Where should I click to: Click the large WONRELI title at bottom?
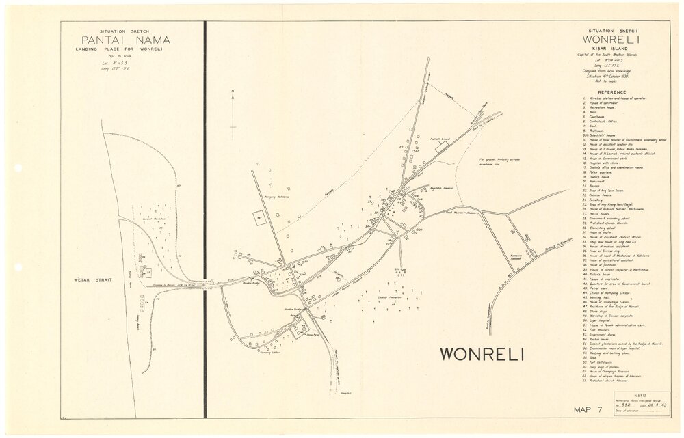click(x=482, y=354)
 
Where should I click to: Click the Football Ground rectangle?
click(x=435, y=141)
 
